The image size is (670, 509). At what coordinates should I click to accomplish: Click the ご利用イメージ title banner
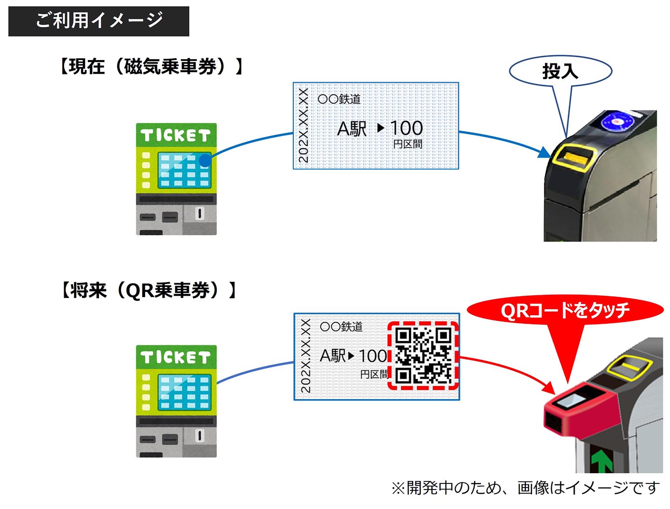click(x=99, y=21)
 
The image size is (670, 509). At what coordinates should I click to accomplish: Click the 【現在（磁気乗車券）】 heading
click(x=151, y=67)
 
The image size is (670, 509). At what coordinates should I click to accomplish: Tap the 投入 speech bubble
click(x=560, y=71)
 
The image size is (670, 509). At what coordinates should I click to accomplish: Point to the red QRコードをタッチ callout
click(x=565, y=310)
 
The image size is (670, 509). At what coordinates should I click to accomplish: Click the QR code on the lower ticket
click(x=423, y=356)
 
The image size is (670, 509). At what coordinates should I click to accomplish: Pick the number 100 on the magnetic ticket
click(x=406, y=128)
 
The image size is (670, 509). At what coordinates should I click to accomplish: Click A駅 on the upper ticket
click(x=352, y=129)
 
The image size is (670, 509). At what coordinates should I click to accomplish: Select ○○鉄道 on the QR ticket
click(x=341, y=326)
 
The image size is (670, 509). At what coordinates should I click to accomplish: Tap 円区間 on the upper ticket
click(x=408, y=144)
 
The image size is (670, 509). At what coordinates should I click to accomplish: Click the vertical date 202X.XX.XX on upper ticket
click(x=303, y=126)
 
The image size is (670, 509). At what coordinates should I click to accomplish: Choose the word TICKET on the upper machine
click(x=176, y=136)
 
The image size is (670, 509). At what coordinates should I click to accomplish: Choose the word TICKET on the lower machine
click(x=176, y=358)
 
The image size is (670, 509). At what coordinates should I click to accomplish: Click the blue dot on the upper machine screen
click(x=205, y=161)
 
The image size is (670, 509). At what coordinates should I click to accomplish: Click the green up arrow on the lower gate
click(x=601, y=460)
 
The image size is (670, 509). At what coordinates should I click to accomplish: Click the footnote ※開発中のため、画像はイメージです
click(x=525, y=488)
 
